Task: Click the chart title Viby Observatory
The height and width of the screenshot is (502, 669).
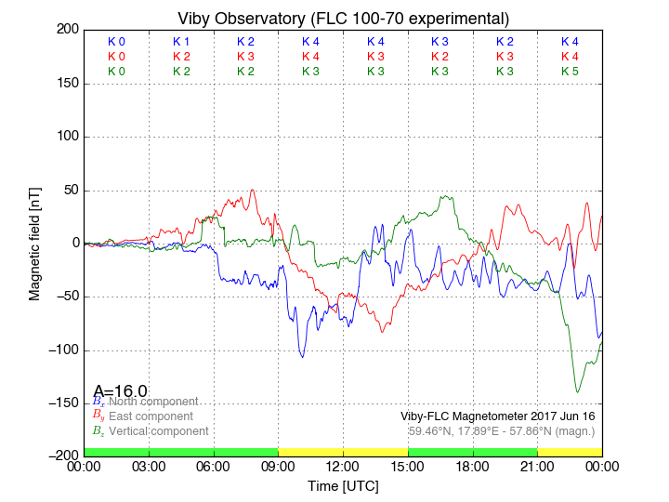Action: pos(343,18)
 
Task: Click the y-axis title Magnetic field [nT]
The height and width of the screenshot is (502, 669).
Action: pos(35,243)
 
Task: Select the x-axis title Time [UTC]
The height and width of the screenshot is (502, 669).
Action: pos(343,486)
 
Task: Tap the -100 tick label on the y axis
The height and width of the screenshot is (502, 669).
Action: pos(62,350)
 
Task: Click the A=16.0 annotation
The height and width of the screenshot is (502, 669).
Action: pos(120,391)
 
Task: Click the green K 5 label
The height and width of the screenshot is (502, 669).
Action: pos(570,71)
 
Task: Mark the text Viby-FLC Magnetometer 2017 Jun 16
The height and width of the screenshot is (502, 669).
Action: pos(497,416)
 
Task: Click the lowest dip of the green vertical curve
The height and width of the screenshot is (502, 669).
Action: pos(577,391)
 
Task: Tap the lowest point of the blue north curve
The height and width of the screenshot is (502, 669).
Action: pos(301,357)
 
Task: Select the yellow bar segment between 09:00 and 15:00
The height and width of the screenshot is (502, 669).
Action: pos(343,452)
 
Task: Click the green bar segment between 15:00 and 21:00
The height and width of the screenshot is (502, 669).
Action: pos(473,452)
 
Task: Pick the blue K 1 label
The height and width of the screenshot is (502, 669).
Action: pos(181,42)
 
